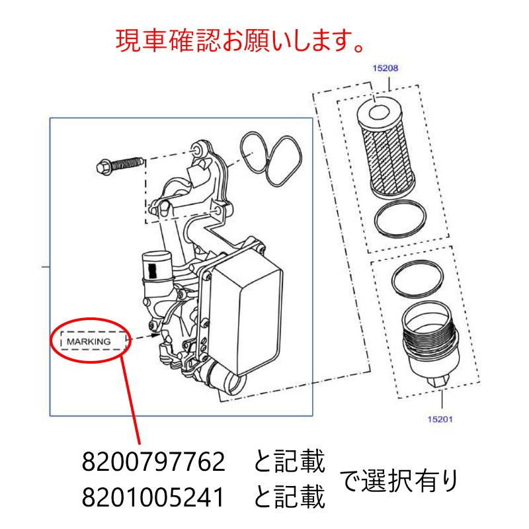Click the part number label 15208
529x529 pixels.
click(x=386, y=68)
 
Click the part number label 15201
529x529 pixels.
click(x=440, y=418)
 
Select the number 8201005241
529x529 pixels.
click(x=154, y=496)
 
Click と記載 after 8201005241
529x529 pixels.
click(x=290, y=496)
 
